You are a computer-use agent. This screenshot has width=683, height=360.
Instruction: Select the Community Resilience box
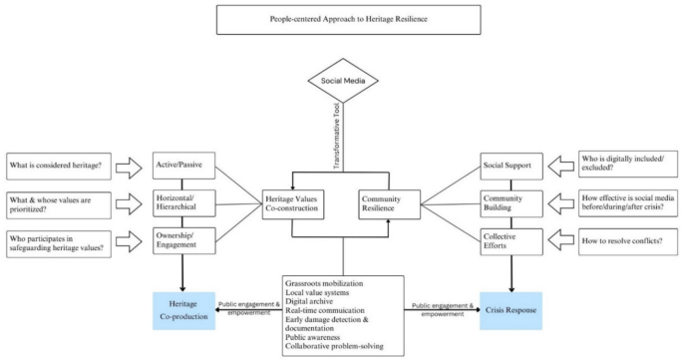(390, 204)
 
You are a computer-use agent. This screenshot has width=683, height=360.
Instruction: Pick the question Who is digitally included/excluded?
(628, 164)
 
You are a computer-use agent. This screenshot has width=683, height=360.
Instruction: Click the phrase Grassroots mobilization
(313, 285)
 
